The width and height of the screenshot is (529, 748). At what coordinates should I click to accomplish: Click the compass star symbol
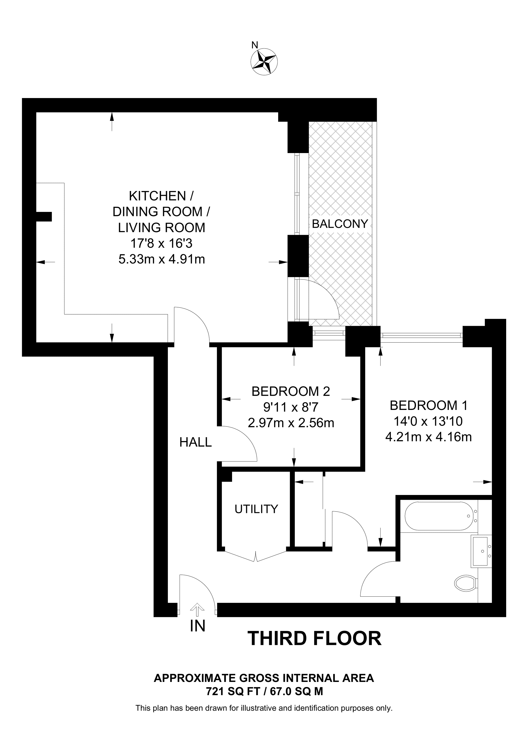(264, 62)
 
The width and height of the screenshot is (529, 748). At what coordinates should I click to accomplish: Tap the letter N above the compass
(255, 45)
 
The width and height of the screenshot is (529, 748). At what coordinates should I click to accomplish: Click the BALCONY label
(340, 224)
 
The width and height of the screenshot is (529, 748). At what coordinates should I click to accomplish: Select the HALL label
(195, 442)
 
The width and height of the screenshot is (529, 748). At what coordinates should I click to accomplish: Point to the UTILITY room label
(256, 509)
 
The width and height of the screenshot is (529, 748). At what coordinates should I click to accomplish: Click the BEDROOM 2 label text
(291, 391)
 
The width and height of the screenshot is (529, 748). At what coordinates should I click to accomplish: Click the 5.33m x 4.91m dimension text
(162, 259)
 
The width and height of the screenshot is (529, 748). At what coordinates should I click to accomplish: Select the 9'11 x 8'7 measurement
(291, 407)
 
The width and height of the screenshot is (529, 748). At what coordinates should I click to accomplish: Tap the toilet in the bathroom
(466, 582)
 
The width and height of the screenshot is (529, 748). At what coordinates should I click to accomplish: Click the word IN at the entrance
(197, 626)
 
